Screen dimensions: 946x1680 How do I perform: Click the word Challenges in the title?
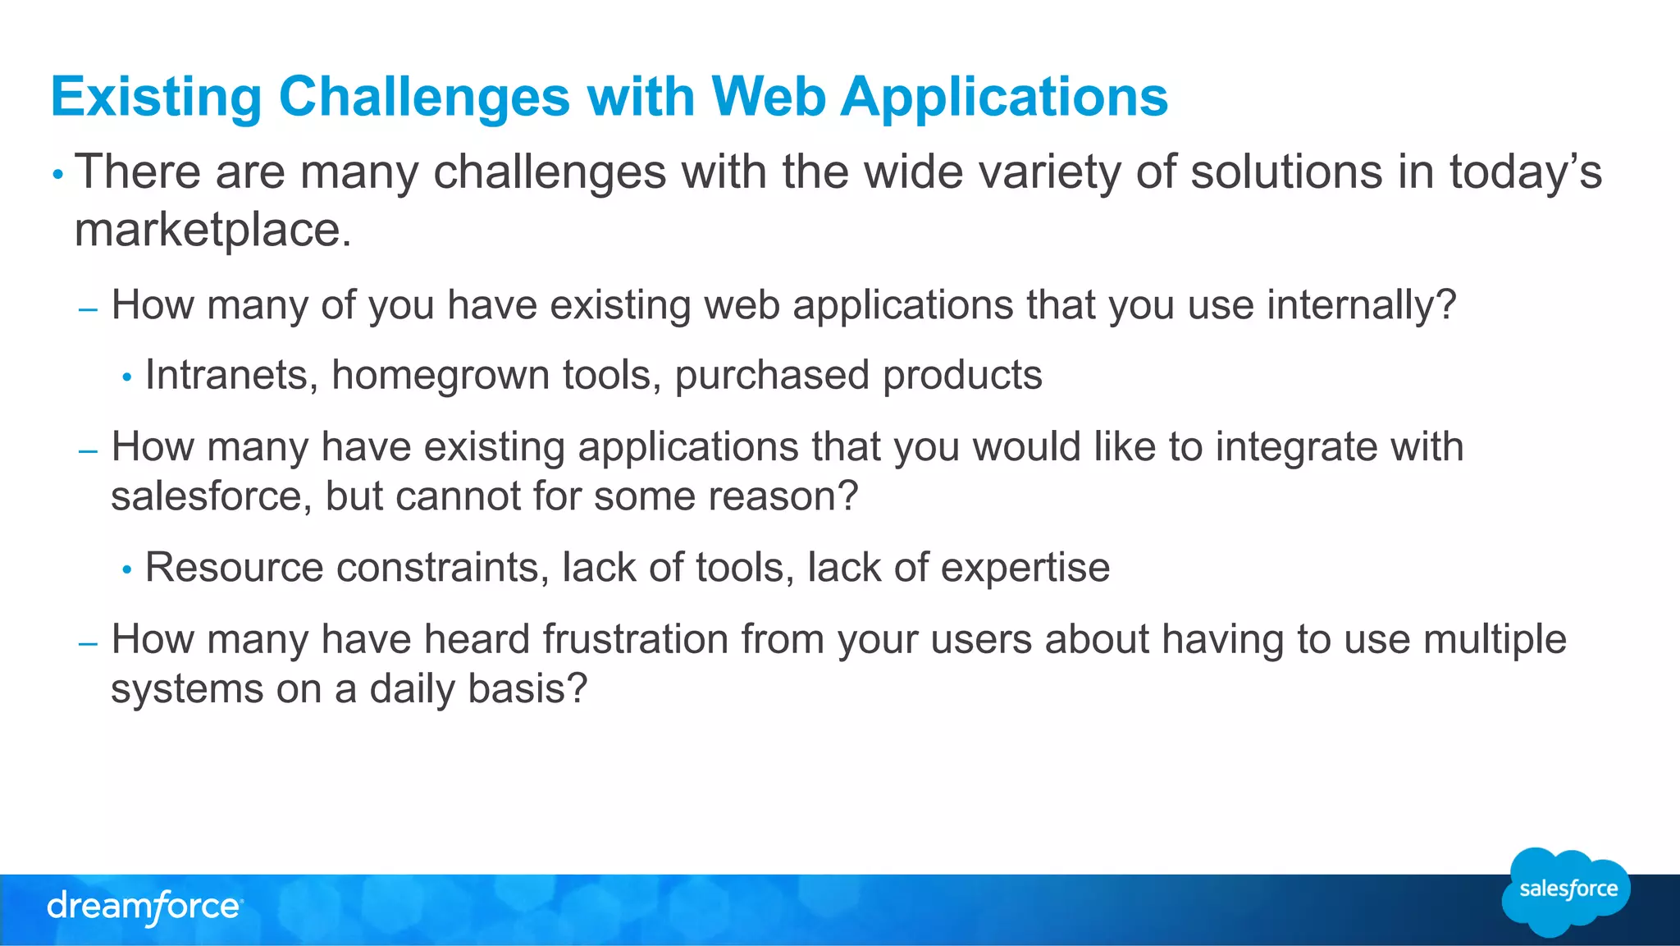pyautogui.click(x=423, y=98)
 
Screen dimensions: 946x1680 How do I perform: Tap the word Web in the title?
pyautogui.click(x=769, y=97)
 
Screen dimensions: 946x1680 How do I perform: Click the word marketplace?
pyautogui.click(x=212, y=230)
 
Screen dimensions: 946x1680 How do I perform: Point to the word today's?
pyautogui.click(x=1525, y=173)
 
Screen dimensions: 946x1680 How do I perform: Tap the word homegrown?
pyautogui.click(x=440, y=376)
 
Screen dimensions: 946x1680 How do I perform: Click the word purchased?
pyautogui.click(x=771, y=376)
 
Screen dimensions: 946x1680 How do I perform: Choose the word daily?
pyautogui.click(x=411, y=689)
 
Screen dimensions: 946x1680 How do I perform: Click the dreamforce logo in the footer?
pyautogui.click(x=144, y=907)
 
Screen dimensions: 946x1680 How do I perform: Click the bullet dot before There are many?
pyautogui.click(x=57, y=175)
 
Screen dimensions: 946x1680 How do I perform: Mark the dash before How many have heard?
pyautogui.click(x=88, y=644)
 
